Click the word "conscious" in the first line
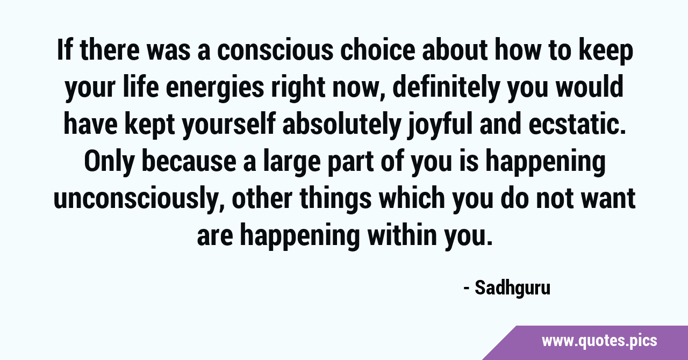pyautogui.click(x=275, y=50)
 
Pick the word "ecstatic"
pyautogui.click(x=577, y=125)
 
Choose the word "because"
pyautogui.click(x=189, y=161)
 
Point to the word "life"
pyautogui.click(x=141, y=87)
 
